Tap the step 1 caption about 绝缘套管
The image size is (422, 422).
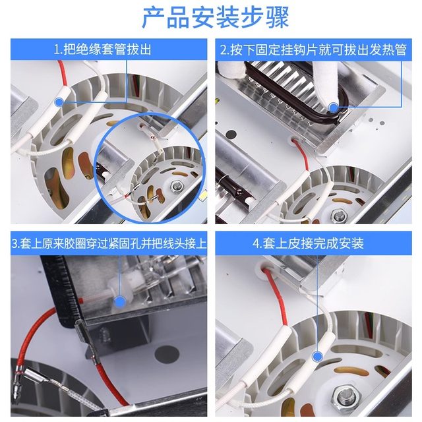[x=107, y=49]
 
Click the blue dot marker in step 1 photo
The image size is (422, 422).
[x=60, y=102]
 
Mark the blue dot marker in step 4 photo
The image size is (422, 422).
[x=317, y=355]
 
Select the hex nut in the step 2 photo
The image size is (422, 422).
[x=338, y=215]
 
